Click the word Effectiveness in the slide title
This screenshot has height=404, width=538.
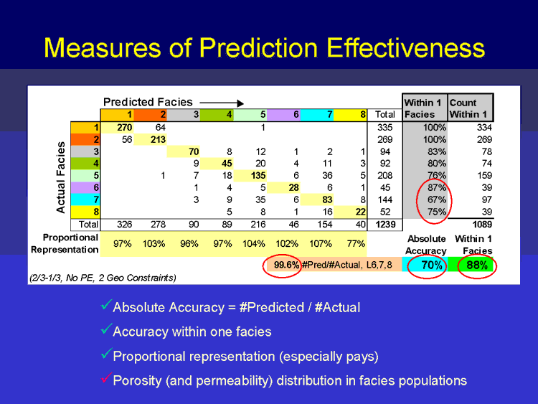(405, 47)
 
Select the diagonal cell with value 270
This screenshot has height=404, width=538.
(117, 128)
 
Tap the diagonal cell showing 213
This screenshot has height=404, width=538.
(151, 140)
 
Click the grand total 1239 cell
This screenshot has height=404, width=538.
(385, 225)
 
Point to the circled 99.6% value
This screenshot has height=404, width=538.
(286, 265)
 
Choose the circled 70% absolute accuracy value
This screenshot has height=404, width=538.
(432, 265)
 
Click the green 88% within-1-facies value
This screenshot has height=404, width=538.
(477, 265)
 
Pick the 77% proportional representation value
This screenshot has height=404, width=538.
(356, 244)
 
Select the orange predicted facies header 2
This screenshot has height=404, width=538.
(151, 115)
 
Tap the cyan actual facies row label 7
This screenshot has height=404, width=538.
(85, 199)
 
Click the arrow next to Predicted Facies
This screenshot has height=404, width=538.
(222, 103)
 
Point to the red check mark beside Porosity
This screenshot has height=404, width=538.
(106, 377)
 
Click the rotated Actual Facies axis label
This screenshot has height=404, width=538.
(61, 177)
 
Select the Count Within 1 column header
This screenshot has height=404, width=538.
(470, 108)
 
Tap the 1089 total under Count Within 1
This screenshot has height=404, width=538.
(482, 225)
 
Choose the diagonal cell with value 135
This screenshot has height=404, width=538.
(250, 176)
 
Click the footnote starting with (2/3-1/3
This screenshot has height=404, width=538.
(103, 278)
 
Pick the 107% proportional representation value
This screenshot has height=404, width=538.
(321, 244)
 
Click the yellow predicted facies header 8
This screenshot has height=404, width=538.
(350, 115)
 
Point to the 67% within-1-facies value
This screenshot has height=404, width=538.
(436, 199)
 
